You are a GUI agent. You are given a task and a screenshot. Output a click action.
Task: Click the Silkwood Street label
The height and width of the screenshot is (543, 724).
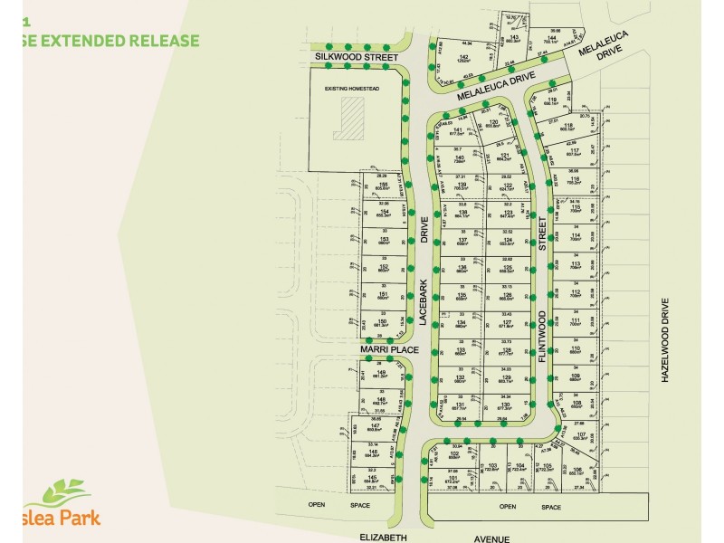tap(356, 56)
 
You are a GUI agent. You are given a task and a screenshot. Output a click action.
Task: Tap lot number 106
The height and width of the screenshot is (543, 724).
tap(576, 469)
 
